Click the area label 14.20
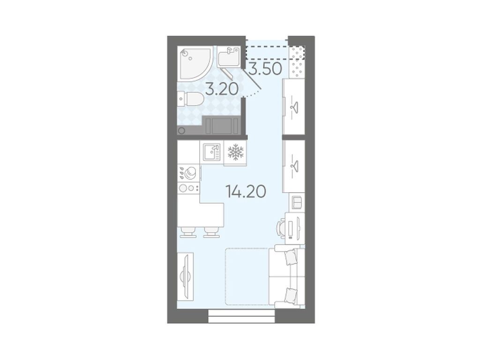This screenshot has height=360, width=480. (x=246, y=192)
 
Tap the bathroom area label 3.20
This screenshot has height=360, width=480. (x=222, y=89)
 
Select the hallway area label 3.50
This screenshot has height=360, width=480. (x=265, y=69)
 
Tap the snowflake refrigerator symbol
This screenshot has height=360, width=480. (x=235, y=152)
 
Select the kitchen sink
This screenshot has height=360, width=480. (x=211, y=152)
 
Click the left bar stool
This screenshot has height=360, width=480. (x=188, y=232)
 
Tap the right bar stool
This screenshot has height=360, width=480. (x=211, y=232)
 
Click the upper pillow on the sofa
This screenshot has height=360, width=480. (x=290, y=257)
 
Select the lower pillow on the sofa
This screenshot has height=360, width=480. (x=290, y=295)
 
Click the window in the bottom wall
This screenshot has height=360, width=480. (x=241, y=316)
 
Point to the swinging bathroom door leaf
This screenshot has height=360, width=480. (x=252, y=79)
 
